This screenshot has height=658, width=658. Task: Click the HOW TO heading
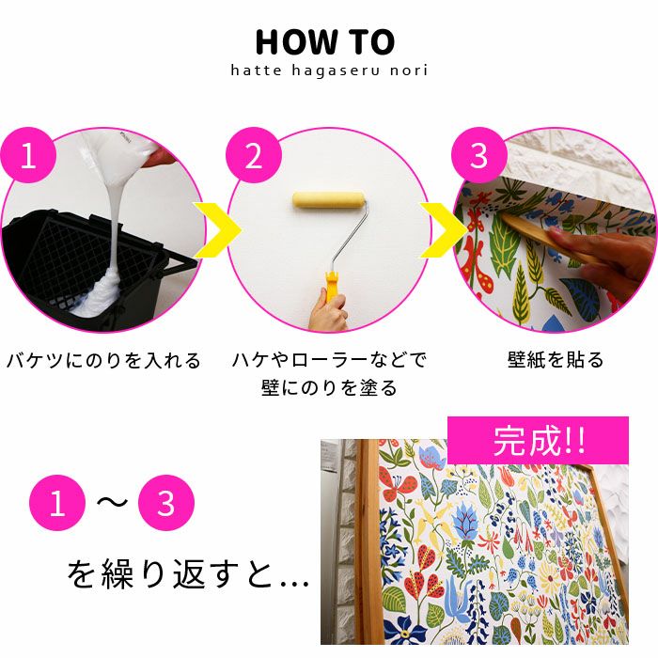[325, 42]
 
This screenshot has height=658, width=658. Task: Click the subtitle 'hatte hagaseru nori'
[329, 70]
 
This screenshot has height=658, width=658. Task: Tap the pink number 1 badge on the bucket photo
[28, 155]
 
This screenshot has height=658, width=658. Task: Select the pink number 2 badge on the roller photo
[254, 155]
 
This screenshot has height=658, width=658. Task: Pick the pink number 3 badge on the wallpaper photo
[479, 155]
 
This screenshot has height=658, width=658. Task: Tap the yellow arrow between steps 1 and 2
[218, 230]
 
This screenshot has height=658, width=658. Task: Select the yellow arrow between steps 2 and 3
[444, 230]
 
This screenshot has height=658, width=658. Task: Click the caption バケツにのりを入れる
[103, 361]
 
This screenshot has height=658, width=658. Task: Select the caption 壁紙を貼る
[556, 360]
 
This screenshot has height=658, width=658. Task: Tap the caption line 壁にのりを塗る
[329, 387]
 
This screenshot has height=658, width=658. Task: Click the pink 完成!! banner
[538, 440]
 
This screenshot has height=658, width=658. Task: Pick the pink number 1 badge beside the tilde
[57, 503]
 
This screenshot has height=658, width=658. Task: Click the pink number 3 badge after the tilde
[166, 503]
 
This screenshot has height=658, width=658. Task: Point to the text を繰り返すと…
[188, 574]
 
